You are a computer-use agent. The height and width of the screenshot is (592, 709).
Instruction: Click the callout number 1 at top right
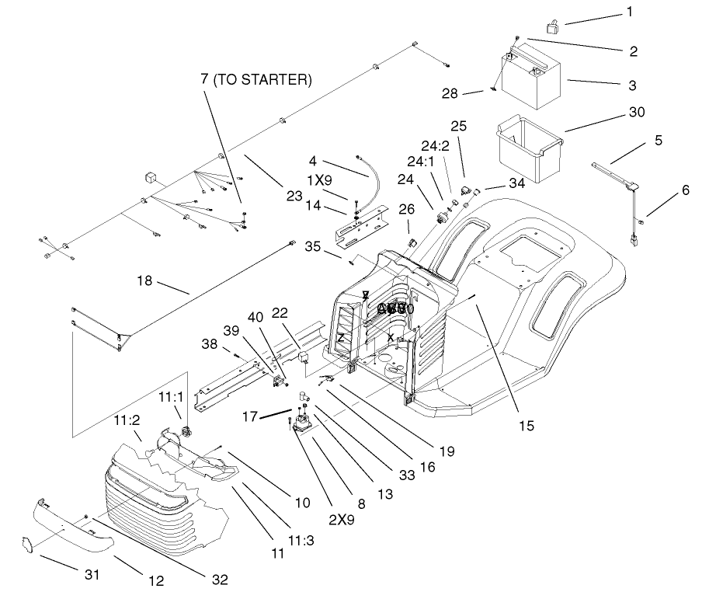tap(630, 12)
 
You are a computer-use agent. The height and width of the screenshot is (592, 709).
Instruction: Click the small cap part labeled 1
tap(554, 27)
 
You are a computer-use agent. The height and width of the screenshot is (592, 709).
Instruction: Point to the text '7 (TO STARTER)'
tap(256, 79)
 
